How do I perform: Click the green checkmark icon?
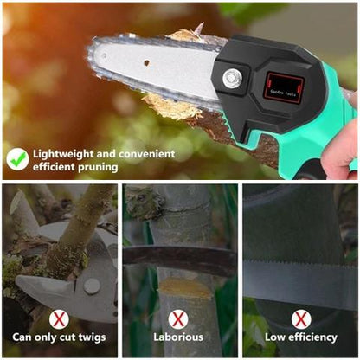click(x=18, y=159)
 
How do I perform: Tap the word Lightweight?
click(x=63, y=154)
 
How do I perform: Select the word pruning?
click(x=98, y=167)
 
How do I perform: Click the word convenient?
click(x=146, y=154)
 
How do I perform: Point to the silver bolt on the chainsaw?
click(x=232, y=78)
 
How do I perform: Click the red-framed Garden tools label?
click(x=284, y=88)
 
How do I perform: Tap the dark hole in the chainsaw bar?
click(x=146, y=62)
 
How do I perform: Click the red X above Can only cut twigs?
click(x=59, y=319)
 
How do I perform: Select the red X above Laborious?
click(x=178, y=319)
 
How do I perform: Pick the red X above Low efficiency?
click(x=301, y=319)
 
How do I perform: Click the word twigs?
click(x=92, y=337)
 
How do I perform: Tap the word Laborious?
click(x=178, y=337)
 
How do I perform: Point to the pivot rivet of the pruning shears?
click(x=92, y=286)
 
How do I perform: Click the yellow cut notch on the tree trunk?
click(x=185, y=287)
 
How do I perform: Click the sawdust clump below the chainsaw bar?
click(x=172, y=107)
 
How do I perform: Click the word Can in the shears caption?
click(x=22, y=337)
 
